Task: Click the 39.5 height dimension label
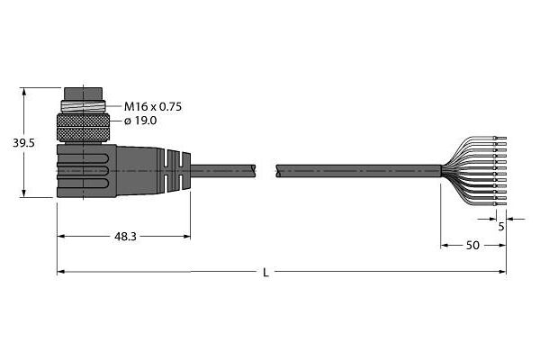23,143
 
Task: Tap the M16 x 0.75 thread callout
153,107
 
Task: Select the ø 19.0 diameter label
140,121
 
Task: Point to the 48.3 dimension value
125,237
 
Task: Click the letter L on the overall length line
265,273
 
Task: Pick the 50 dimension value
472,246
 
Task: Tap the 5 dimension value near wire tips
501,226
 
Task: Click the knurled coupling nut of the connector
83,128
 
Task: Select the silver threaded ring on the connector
83,105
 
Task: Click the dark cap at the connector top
84,94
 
